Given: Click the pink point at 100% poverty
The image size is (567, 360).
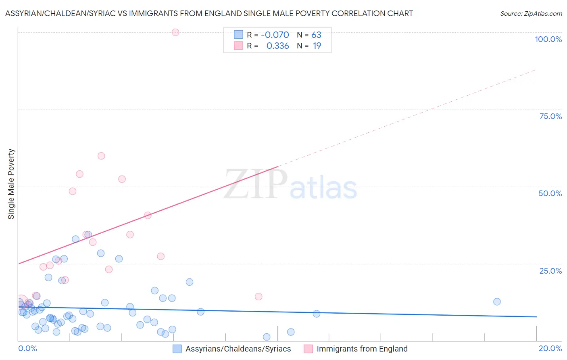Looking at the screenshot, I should [175, 32].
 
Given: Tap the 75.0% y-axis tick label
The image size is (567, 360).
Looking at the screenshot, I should [550, 116].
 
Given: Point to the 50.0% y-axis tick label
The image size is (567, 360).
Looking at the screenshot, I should [550, 193].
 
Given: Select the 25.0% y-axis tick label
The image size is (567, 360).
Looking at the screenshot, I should [550, 271].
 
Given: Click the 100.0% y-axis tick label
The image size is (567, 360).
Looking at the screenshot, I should [548, 39].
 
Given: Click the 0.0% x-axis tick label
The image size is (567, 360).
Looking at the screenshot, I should [27, 348].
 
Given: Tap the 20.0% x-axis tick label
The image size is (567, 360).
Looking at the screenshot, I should [550, 348].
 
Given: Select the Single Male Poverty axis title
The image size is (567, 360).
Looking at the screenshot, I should [11, 184].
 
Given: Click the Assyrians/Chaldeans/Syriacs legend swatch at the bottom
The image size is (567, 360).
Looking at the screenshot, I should [177, 349].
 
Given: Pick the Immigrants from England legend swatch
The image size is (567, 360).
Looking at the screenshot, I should [308, 349].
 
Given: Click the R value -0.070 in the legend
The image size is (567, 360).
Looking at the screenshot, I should [275, 35].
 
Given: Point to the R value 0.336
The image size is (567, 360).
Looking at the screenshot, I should [277, 46].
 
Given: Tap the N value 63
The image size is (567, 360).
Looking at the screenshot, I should [316, 35].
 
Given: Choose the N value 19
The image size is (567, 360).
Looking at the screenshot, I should [317, 46].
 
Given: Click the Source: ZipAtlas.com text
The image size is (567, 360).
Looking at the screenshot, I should [531, 14].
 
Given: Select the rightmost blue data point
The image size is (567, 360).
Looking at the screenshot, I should [497, 301].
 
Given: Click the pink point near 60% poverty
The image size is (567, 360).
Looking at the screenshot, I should [101, 156].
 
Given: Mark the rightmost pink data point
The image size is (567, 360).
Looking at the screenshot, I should [258, 297].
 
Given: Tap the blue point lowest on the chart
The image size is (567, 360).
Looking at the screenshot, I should [267, 337].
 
